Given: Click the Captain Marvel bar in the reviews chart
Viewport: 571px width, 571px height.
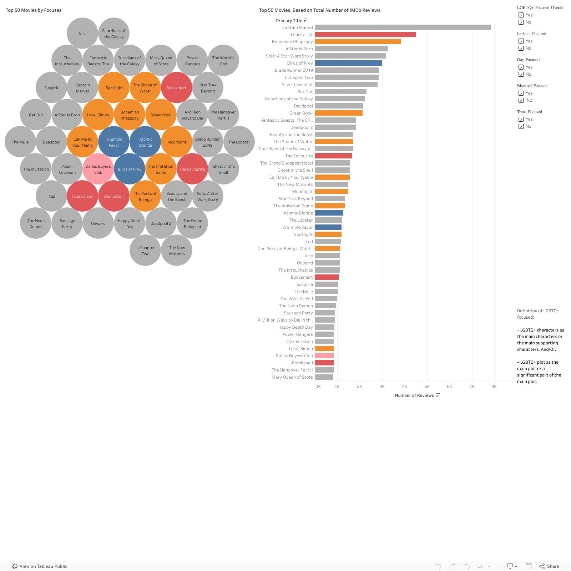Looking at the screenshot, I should pyautogui.click(x=403, y=27).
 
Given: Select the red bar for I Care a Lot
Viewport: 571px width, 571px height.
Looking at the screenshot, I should pyautogui.click(x=365, y=35).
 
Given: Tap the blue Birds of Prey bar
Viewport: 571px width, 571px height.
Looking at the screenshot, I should pyautogui.click(x=348, y=63).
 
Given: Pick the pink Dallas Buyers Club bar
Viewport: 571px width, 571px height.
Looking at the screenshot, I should pyautogui.click(x=324, y=356).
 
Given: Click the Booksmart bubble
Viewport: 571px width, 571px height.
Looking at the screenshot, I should pyautogui.click(x=176, y=88).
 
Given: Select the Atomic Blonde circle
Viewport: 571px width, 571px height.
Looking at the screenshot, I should pyautogui.click(x=145, y=142).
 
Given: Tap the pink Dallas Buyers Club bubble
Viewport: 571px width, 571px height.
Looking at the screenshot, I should pyautogui.click(x=98, y=169).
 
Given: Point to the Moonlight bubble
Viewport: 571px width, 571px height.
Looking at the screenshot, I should pyautogui.click(x=177, y=142).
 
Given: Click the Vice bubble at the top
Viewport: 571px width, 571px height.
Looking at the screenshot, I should pyautogui.click(x=82, y=34).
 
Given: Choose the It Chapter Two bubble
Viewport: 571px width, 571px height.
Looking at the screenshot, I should pyautogui.click(x=145, y=251).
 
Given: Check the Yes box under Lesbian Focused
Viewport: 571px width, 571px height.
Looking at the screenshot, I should pyautogui.click(x=521, y=41).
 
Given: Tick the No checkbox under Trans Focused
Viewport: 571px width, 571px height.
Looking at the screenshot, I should pyautogui.click(x=521, y=126).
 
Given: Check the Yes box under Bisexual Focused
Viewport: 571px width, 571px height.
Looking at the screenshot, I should pyautogui.click(x=521, y=93).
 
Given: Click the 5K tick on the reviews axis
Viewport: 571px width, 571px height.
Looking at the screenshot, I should pyautogui.click(x=427, y=386).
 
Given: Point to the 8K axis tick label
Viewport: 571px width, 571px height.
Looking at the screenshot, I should pyautogui.click(x=494, y=386).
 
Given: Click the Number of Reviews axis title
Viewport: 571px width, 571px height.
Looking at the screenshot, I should pyautogui.click(x=414, y=395).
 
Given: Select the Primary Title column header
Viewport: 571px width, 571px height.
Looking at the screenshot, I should pyautogui.click(x=289, y=21).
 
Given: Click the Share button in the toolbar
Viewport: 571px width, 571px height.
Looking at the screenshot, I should pyautogui.click(x=549, y=566).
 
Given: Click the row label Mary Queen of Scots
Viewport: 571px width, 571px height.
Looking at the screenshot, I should pyautogui.click(x=292, y=377).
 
